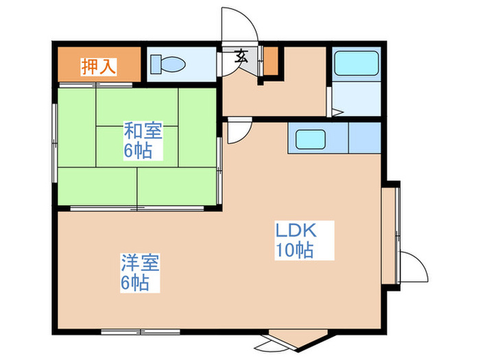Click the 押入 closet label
click(x=98, y=67)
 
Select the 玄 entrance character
click(x=242, y=57)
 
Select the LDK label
click(x=294, y=230)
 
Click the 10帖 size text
click(x=294, y=250)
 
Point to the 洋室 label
click(x=140, y=263)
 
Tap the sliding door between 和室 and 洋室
click(x=137, y=207)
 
